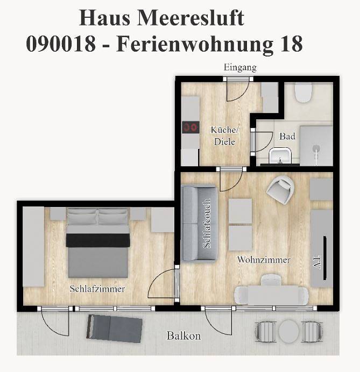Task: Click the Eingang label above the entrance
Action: point(240,68)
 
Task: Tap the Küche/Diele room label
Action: point(224,135)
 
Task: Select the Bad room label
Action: point(287,137)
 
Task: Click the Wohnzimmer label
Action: point(264,260)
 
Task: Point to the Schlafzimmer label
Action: point(97,289)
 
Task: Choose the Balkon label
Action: point(183,336)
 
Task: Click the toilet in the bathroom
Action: point(303,94)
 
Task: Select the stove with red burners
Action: point(190,127)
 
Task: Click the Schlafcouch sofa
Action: point(199,223)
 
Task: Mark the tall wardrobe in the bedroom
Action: point(33,247)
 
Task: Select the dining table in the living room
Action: point(272,295)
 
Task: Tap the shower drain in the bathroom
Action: point(317,146)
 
